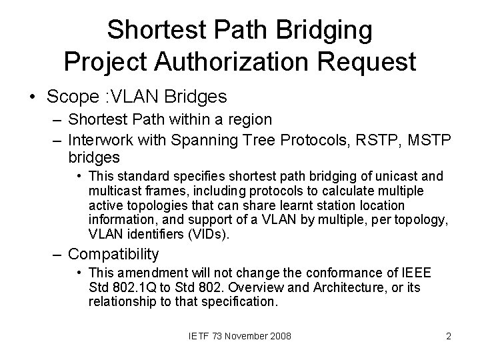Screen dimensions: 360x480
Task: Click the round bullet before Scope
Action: (33, 97)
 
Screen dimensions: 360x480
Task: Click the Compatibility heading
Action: (114, 254)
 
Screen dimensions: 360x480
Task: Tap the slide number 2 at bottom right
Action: (449, 337)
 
